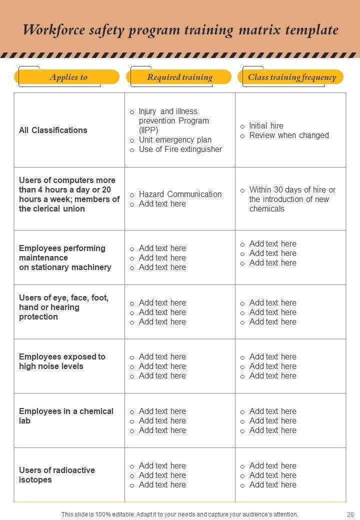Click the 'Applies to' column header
click(68, 77)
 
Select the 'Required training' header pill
click(179, 77)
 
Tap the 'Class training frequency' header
click(292, 77)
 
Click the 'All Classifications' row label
click(53, 130)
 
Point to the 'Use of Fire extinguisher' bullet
click(180, 149)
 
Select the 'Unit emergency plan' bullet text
click(175, 139)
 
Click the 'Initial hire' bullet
click(266, 125)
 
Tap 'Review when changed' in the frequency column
click(289, 135)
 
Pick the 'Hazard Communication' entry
click(180, 194)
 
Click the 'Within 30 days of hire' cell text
click(292, 199)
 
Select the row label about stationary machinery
click(65, 257)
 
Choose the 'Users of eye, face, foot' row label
click(63, 307)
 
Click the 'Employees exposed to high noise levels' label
click(62, 361)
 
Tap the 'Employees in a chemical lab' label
click(66, 416)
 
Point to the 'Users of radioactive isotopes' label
click(56, 475)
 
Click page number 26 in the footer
click(349, 514)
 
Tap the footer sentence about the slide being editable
click(179, 514)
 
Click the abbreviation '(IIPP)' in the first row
click(148, 130)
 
